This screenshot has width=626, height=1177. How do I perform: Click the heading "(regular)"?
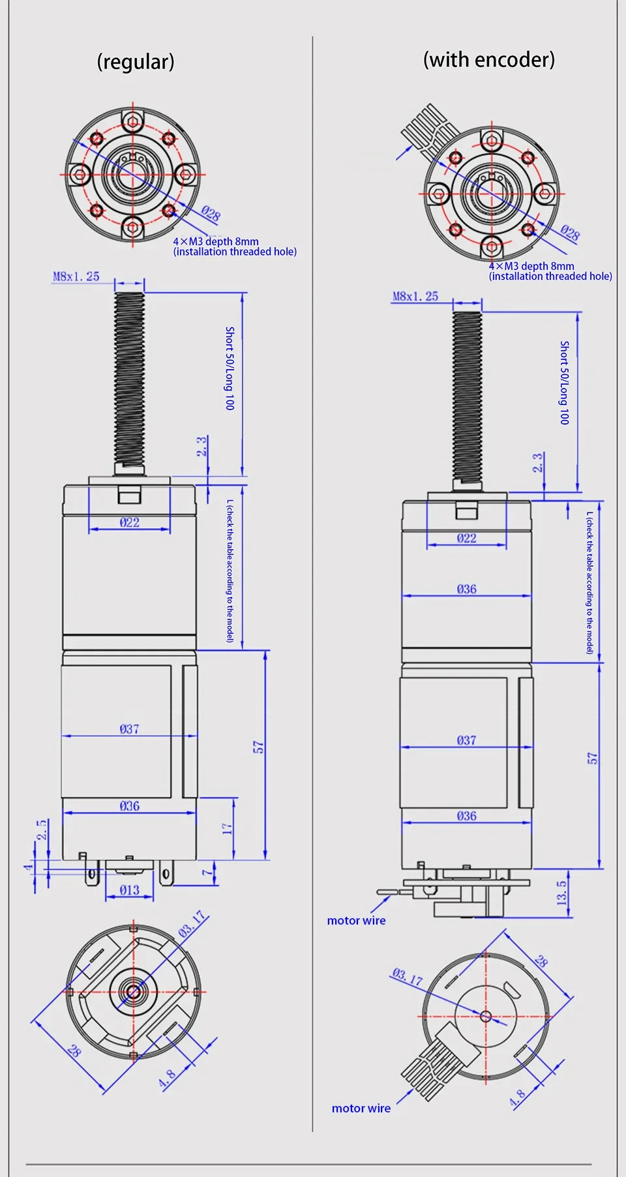(136, 62)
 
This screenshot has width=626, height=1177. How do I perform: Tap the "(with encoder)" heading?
(489, 60)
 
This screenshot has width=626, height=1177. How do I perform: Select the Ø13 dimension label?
(129, 890)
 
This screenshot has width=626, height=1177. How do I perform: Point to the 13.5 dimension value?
(562, 893)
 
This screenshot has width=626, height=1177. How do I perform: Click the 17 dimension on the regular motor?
(227, 829)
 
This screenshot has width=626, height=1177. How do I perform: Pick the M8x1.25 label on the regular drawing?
(76, 276)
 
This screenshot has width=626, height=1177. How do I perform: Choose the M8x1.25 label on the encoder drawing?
(415, 296)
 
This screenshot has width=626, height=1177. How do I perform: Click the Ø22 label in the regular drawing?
(129, 522)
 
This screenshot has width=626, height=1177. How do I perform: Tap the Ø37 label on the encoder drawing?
(466, 740)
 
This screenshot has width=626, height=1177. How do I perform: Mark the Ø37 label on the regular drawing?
(129, 729)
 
